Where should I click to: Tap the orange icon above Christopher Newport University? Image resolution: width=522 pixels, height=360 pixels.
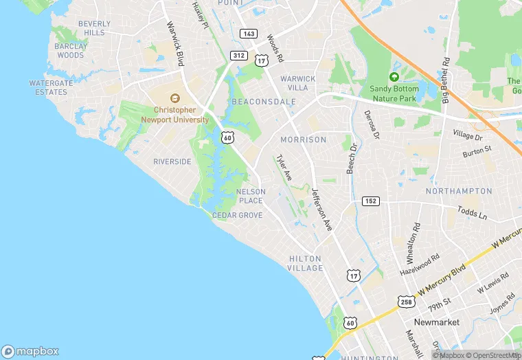click(x=174, y=98)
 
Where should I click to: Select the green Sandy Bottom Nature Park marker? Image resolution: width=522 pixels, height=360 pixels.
click(x=394, y=77)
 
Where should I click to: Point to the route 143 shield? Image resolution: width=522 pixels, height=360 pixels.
click(x=248, y=34)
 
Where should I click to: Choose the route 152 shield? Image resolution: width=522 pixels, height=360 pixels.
click(x=371, y=201)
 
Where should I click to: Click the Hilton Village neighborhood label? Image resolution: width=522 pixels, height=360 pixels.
click(x=305, y=263)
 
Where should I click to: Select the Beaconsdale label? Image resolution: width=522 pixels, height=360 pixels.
click(x=264, y=102)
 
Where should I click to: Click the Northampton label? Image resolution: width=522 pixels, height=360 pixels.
click(x=459, y=190)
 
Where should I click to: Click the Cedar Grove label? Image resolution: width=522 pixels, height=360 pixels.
click(x=238, y=215)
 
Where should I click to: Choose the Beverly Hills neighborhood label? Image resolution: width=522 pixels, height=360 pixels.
click(x=94, y=28)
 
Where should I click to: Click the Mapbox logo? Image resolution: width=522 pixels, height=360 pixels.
click(x=31, y=351)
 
